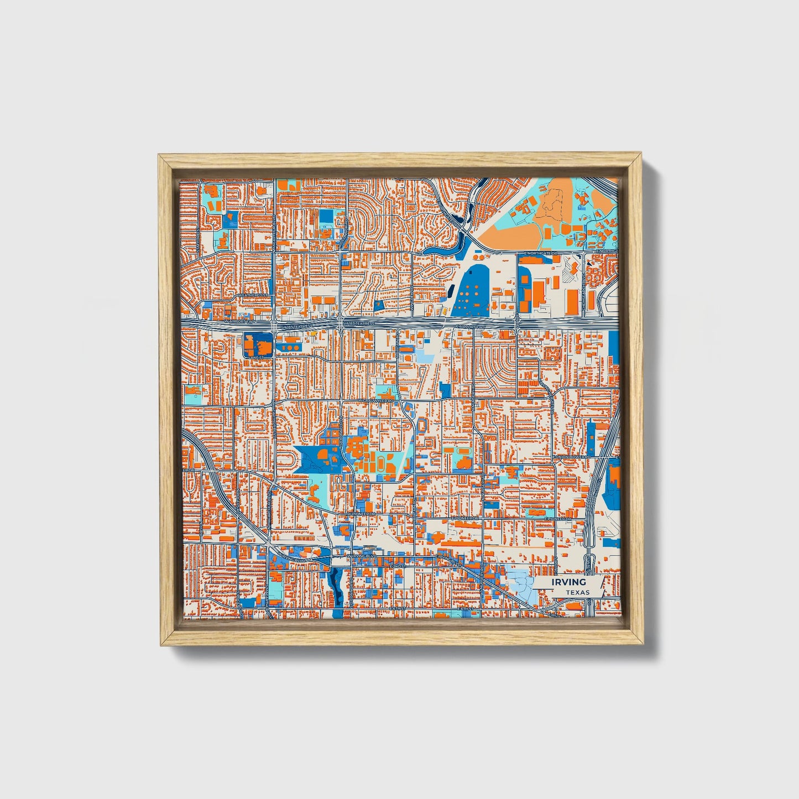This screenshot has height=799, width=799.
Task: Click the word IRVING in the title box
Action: coord(568,582)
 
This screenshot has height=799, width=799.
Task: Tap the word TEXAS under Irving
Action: coord(577,592)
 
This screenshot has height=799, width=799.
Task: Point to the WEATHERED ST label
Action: coord(253,296)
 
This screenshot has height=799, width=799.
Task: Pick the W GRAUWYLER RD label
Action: coord(375,400)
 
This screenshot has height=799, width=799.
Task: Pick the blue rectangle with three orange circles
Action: coord(288,347)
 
